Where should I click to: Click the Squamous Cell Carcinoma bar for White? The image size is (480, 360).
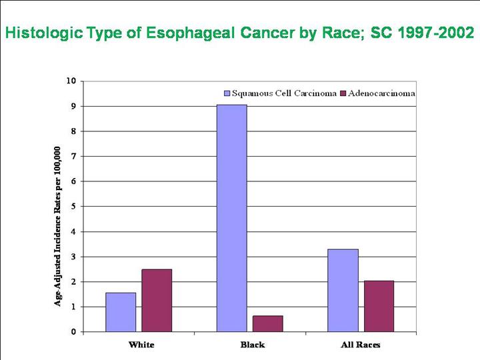(121, 312)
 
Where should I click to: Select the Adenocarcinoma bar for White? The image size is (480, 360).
(157, 300)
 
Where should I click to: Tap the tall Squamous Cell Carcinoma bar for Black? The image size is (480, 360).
(231, 218)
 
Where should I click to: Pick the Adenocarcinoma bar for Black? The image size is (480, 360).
(267, 323)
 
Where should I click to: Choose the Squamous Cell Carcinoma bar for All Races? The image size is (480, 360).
(343, 290)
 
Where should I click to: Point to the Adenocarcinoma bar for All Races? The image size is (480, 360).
(379, 306)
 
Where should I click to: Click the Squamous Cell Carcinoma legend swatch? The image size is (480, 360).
(226, 93)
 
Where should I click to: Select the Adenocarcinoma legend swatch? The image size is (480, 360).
(343, 93)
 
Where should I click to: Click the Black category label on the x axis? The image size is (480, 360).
(252, 345)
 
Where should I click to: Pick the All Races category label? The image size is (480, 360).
(361, 345)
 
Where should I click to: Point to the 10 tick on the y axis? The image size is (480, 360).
(71, 81)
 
